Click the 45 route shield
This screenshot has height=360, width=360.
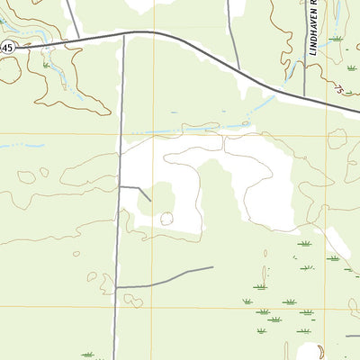pos(5,48)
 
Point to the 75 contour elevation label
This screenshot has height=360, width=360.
pos(339,89)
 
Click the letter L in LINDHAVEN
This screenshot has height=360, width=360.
pos(314,54)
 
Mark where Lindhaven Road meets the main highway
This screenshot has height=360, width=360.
pos(305,96)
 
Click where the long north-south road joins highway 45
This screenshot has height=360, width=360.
pos(122,34)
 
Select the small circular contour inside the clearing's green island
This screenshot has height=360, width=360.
pos(166,218)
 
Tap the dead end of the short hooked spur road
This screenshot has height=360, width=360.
pos(150,199)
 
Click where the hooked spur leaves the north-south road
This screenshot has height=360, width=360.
pos(119,187)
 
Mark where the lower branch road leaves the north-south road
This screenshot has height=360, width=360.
pos(116,286)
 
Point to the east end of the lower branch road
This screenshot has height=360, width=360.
pos(212,267)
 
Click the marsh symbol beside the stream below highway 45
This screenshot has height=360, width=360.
pos(46,66)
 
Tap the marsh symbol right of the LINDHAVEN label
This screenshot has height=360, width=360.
pos(336,39)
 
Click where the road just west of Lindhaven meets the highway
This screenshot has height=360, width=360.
pos(275,87)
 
